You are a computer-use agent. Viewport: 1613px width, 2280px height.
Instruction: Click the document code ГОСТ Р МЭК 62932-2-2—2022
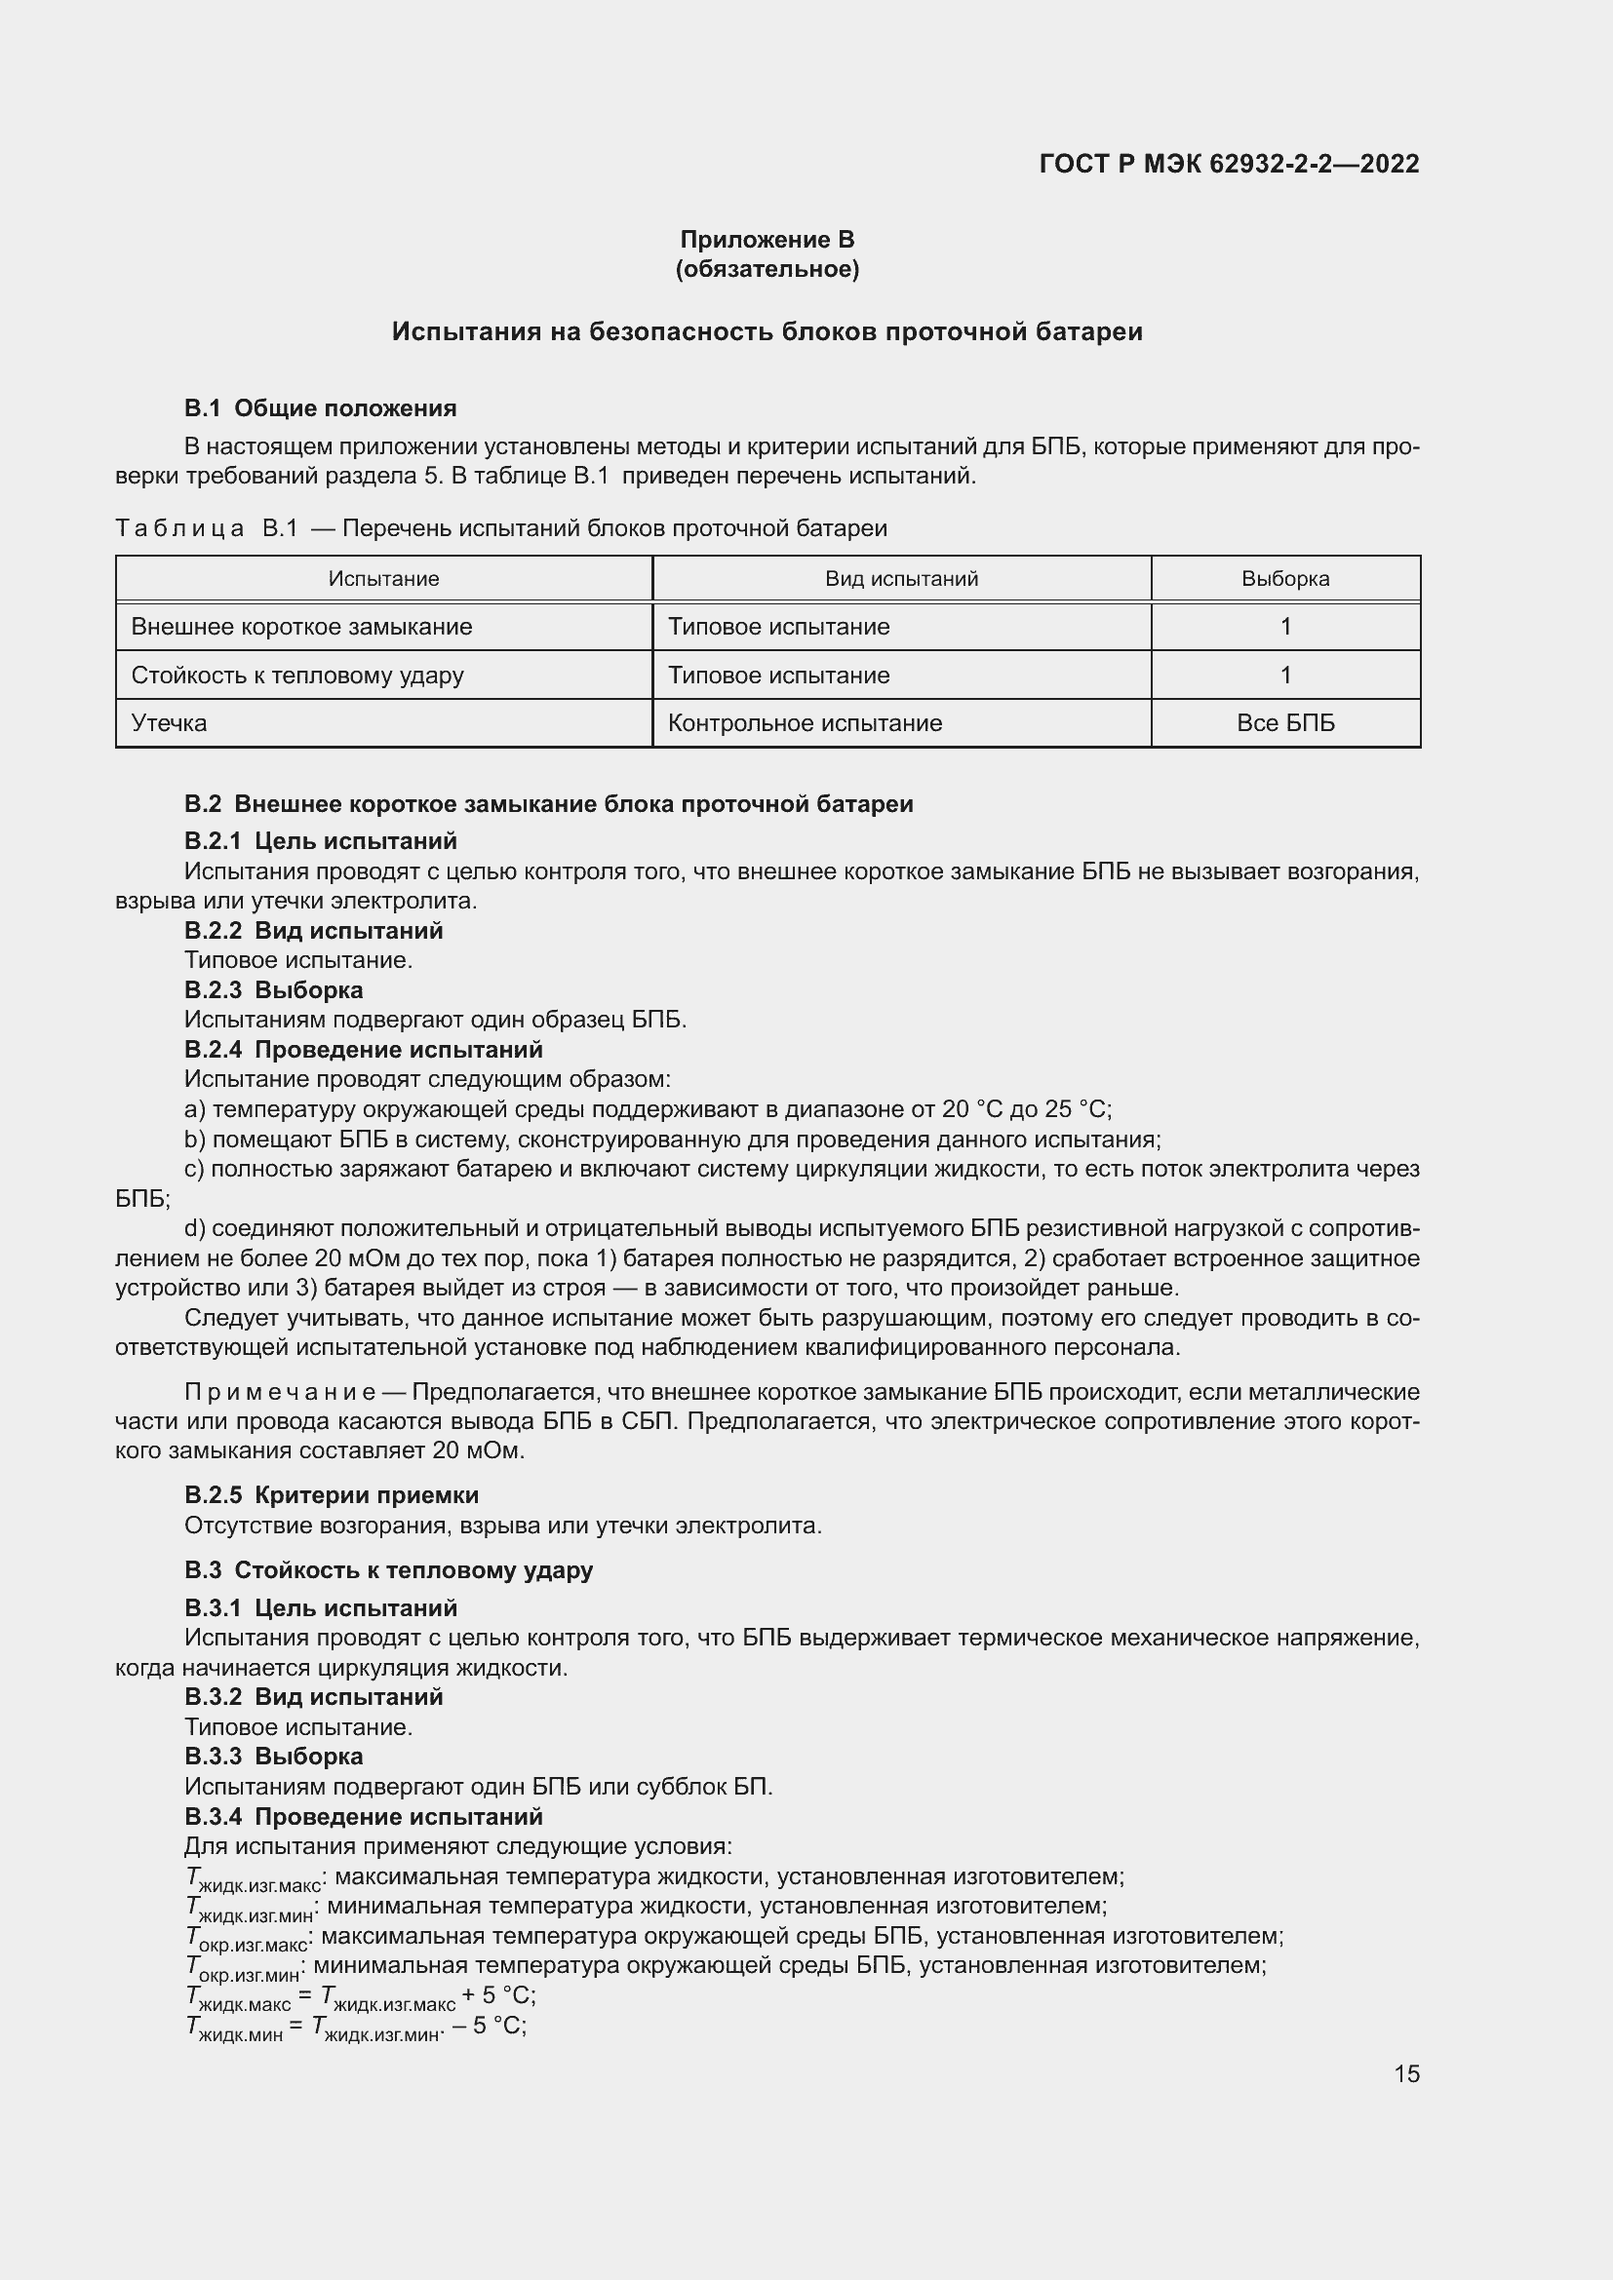click(x=1229, y=164)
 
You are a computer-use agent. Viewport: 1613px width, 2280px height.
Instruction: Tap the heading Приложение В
click(x=767, y=240)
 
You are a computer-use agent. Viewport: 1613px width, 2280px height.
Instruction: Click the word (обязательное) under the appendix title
click(x=767, y=269)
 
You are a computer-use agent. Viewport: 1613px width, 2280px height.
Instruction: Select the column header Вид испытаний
click(x=901, y=579)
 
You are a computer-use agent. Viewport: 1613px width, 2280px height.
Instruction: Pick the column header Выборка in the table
click(x=1284, y=579)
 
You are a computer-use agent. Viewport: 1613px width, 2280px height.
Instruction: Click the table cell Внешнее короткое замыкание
click(x=302, y=627)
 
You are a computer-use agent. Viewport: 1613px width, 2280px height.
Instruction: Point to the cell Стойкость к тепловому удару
click(x=298, y=676)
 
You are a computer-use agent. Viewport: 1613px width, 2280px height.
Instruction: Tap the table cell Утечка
click(x=170, y=723)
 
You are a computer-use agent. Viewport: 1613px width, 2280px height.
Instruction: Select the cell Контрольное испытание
click(x=805, y=723)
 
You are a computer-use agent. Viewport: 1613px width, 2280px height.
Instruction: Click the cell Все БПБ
click(x=1284, y=723)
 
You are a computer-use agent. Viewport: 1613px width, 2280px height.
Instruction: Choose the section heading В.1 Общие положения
click(x=320, y=408)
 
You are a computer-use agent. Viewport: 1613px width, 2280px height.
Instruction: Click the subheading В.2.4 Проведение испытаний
click(x=363, y=1050)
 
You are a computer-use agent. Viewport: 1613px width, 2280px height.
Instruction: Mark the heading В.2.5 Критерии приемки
click(x=331, y=1495)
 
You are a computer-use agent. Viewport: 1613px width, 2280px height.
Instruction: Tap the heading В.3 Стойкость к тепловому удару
click(x=388, y=1570)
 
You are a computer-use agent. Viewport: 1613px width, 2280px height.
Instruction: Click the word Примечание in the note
click(x=279, y=1392)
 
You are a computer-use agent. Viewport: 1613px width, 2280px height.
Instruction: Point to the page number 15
click(x=1405, y=2073)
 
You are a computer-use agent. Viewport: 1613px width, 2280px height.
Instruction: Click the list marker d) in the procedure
click(x=195, y=1229)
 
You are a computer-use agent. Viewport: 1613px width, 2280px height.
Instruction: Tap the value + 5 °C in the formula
click(x=498, y=1995)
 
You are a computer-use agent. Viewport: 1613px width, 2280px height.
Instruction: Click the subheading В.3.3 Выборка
click(x=273, y=1757)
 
